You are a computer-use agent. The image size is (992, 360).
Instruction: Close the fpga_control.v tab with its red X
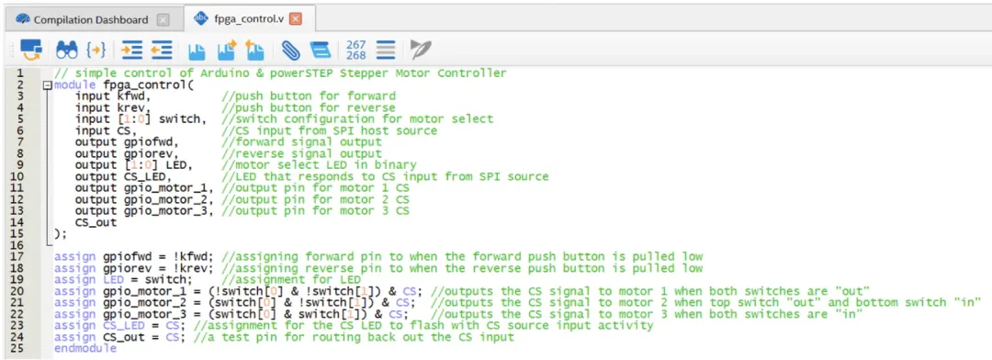pyautogui.click(x=295, y=19)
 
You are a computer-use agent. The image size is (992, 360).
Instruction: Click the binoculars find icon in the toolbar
pyautogui.click(x=66, y=49)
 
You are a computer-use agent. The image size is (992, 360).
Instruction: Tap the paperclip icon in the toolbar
pyautogui.click(x=289, y=49)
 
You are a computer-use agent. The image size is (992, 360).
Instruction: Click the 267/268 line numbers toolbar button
pyautogui.click(x=356, y=50)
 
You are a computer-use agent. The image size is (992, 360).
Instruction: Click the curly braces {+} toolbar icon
pyautogui.click(x=96, y=49)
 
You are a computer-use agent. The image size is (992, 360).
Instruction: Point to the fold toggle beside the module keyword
pyautogui.click(x=48, y=84)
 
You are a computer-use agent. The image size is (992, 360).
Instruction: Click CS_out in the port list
pyautogui.click(x=96, y=223)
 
